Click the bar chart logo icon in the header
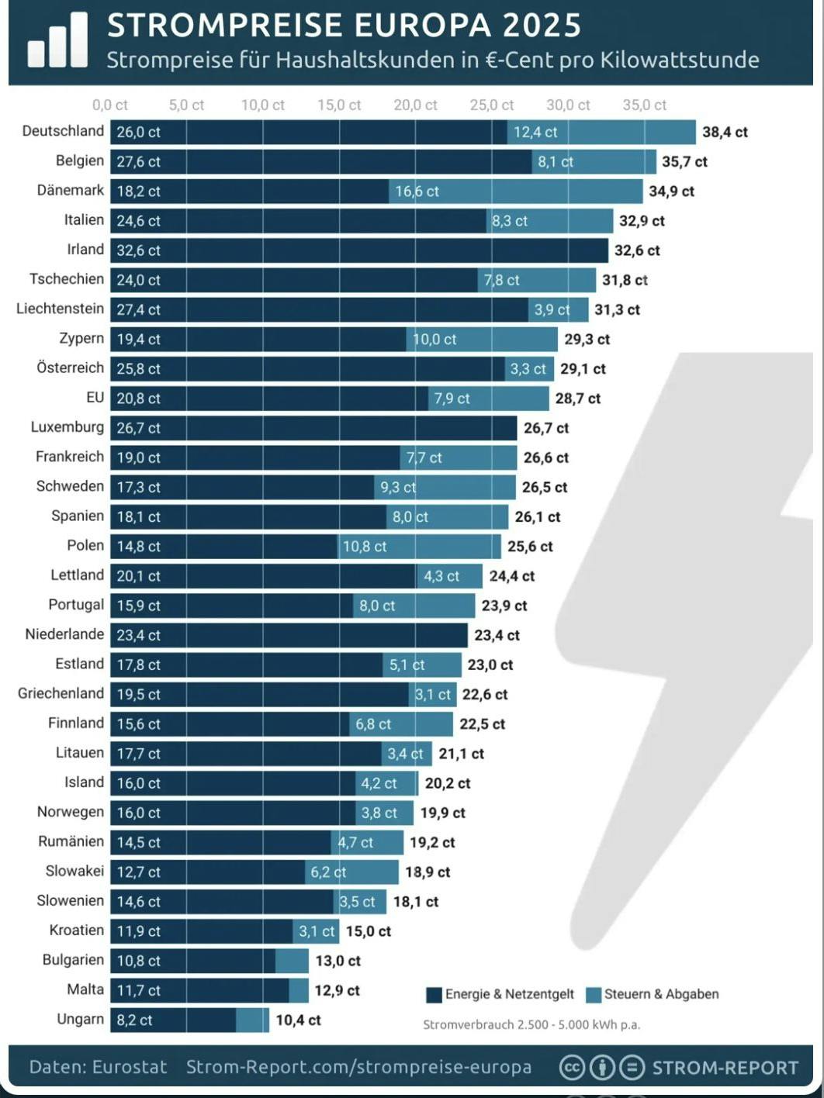(57, 41)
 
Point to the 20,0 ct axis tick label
(415, 105)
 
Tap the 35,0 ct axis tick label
(644, 105)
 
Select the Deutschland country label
(63, 131)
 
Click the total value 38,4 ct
(725, 133)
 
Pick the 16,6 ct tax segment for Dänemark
(417, 192)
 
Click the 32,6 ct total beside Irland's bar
(637, 250)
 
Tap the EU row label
(95, 398)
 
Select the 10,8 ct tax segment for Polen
(365, 547)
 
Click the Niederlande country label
(64, 634)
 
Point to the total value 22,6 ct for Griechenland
(485, 695)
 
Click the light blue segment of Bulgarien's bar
(292, 961)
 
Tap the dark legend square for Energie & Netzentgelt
(434, 995)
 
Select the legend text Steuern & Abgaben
(661, 994)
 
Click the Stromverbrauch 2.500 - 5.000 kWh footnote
(531, 1024)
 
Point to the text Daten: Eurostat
(98, 1067)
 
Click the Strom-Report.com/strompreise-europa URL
(358, 1067)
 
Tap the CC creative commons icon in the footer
(572, 1068)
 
